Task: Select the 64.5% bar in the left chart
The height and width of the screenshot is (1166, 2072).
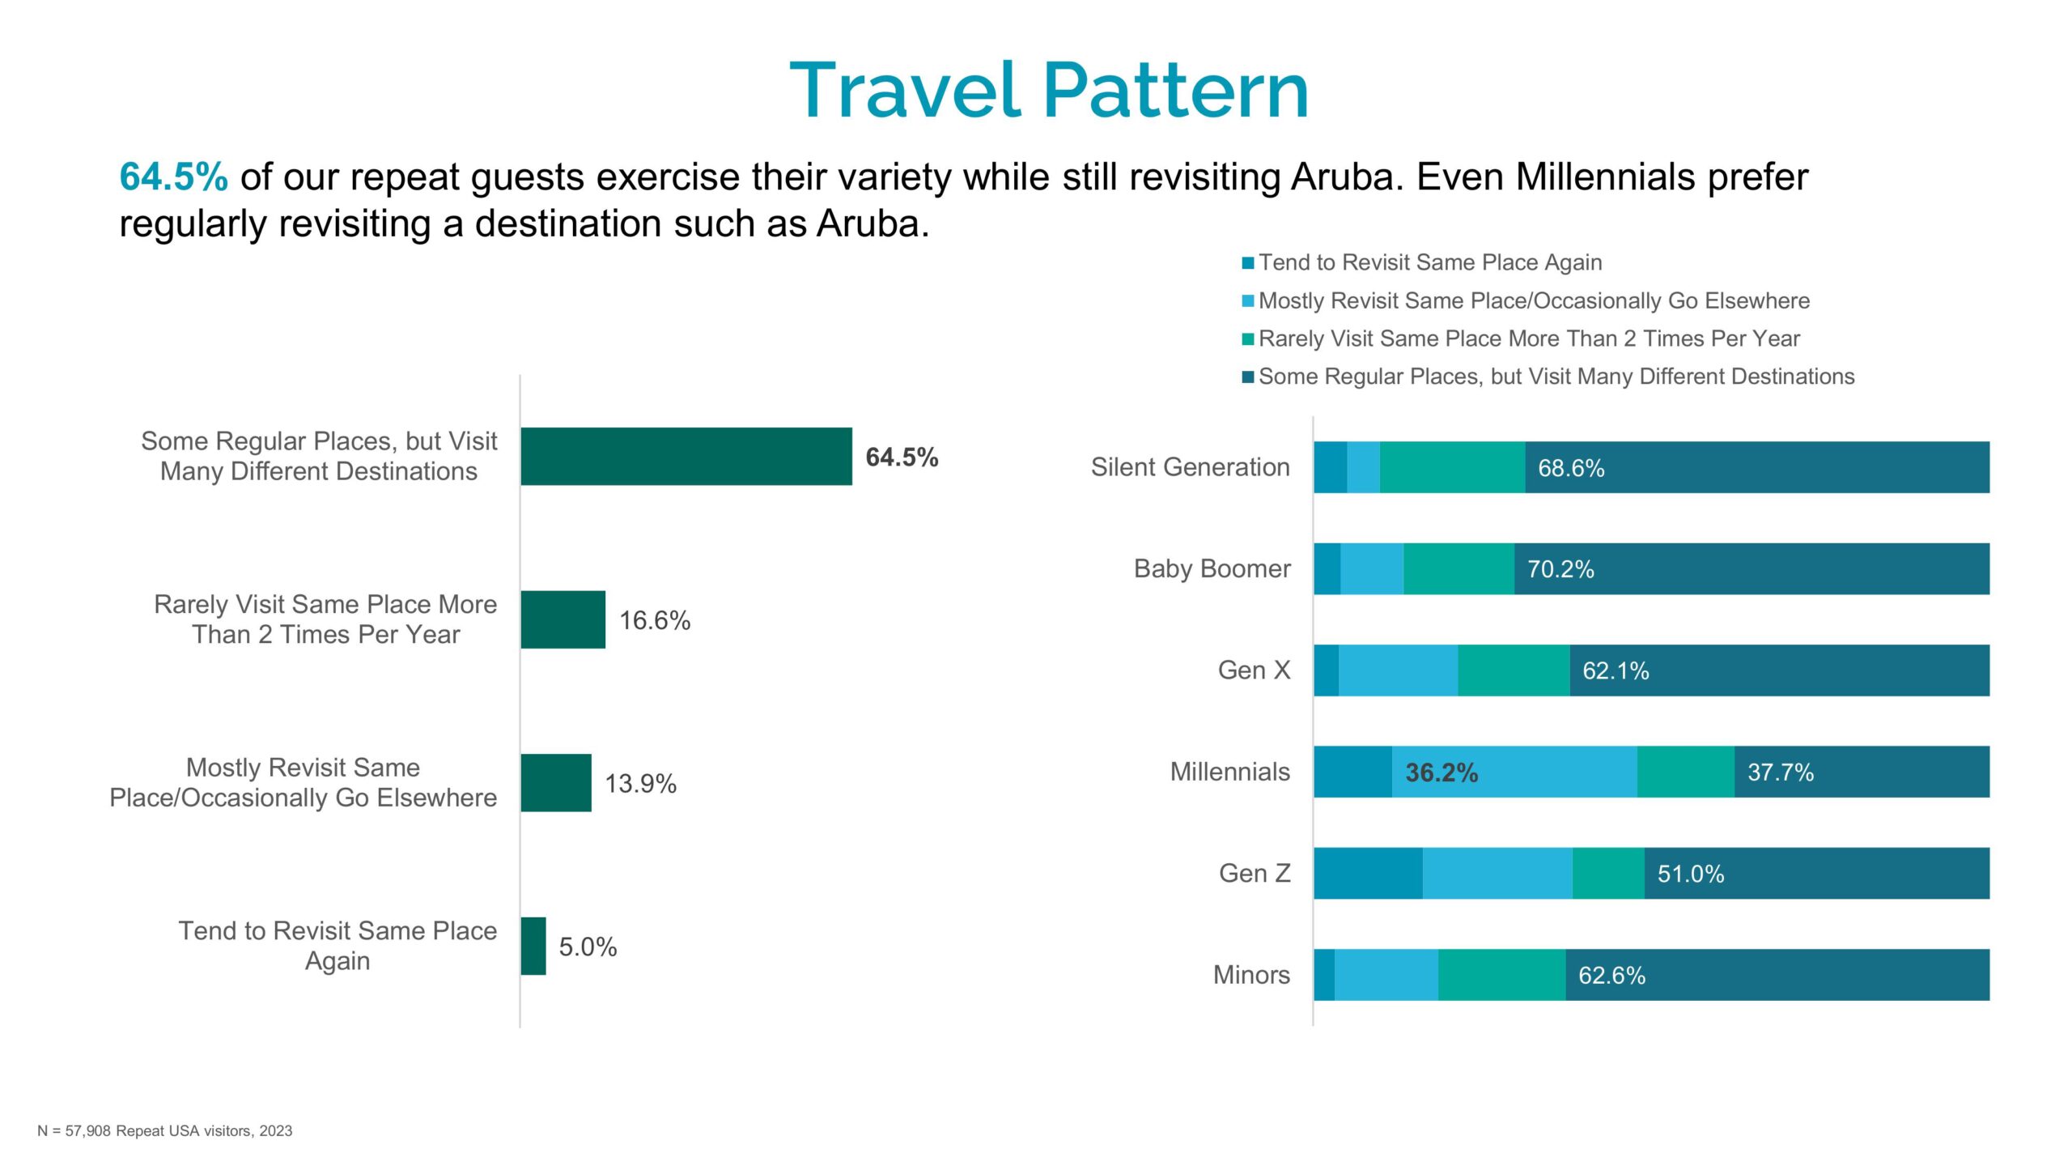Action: tap(686, 457)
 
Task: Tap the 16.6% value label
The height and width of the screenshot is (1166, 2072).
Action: tap(654, 620)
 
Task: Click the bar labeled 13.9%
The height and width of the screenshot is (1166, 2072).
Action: tap(555, 783)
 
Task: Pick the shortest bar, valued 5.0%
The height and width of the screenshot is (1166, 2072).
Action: tap(533, 946)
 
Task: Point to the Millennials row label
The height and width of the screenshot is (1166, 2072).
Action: tap(1229, 772)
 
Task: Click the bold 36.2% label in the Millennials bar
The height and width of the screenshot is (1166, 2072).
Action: tap(1441, 772)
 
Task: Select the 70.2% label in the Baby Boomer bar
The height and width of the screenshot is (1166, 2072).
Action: tap(1560, 569)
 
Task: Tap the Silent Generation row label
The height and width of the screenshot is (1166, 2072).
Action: tap(1190, 467)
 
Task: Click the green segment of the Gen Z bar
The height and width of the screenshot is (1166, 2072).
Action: tap(1608, 873)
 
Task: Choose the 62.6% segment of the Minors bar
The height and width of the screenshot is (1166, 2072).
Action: tap(1777, 975)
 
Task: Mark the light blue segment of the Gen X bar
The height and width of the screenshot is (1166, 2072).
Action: tap(1398, 670)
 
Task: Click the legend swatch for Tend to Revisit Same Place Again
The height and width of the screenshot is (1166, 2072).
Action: tap(1248, 263)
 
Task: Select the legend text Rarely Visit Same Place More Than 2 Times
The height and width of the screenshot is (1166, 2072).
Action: tap(1528, 338)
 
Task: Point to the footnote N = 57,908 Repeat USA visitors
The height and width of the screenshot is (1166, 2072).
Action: tap(164, 1130)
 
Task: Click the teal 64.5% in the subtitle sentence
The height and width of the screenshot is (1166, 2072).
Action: tap(173, 177)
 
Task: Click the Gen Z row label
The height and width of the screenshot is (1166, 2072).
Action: tap(1254, 873)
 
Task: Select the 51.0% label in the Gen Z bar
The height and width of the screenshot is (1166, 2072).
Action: tap(1690, 874)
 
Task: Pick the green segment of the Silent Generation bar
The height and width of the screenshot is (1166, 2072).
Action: tap(1452, 467)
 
